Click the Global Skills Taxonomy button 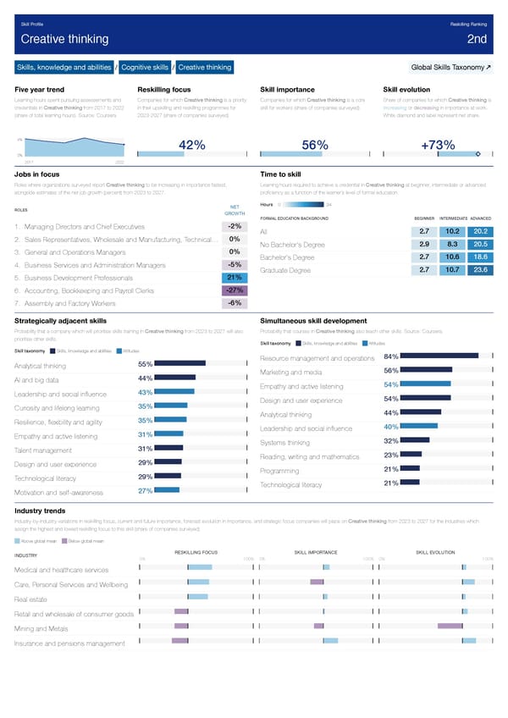coord(448,68)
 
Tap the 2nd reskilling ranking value coord(476,39)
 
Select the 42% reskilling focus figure coord(192,145)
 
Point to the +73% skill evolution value coord(438,145)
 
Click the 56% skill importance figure coord(316,145)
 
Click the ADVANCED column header coord(479,218)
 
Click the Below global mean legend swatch coord(63,541)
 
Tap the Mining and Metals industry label coord(41,628)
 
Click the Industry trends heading coord(41,511)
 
